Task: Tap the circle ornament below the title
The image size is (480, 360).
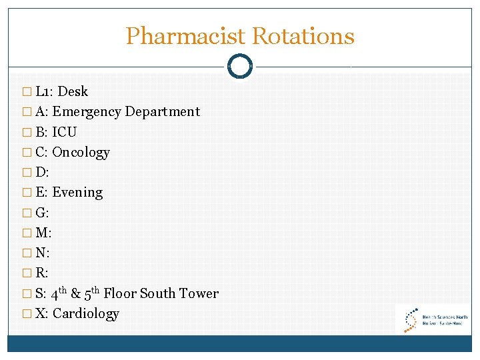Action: click(x=240, y=66)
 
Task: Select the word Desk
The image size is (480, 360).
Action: click(x=73, y=91)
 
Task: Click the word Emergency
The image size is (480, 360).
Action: click(x=87, y=112)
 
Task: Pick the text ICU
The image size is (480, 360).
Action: click(x=64, y=132)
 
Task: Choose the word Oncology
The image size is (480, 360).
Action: click(x=81, y=153)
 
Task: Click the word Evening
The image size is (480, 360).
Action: click(x=77, y=193)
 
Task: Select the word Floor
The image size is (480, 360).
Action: click(x=120, y=293)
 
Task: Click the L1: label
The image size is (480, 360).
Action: click(x=45, y=91)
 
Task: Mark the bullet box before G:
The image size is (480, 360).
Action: click(x=26, y=213)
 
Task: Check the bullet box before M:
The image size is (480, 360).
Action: click(x=26, y=233)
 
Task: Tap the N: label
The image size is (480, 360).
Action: click(x=43, y=253)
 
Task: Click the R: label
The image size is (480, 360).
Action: click(x=43, y=273)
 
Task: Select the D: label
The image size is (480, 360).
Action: click(x=42, y=173)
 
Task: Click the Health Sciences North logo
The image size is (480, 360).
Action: click(x=433, y=319)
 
